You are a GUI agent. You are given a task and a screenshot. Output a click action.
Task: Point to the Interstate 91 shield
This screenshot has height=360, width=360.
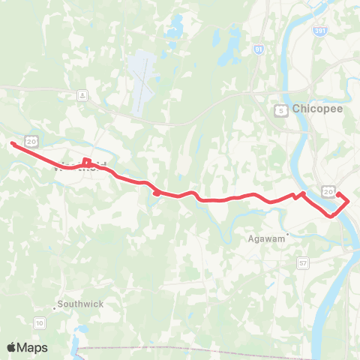258,50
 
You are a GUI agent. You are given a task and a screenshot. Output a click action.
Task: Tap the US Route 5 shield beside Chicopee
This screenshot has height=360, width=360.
279,110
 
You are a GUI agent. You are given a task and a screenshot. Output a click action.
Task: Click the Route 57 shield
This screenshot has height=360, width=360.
303,263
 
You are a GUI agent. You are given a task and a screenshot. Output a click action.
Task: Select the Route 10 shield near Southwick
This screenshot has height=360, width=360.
39,322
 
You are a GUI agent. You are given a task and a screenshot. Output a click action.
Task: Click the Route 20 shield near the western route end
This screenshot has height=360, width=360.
31,140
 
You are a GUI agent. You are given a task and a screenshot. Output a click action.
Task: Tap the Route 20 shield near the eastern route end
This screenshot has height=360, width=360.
328,192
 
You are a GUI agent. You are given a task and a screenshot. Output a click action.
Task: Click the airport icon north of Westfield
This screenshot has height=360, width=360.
81,95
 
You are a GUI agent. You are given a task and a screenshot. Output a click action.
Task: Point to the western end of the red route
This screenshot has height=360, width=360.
12,143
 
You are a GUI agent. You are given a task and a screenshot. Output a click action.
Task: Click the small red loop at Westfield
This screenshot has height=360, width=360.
86,161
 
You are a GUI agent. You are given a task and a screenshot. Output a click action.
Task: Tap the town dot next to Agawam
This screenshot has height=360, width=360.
287,233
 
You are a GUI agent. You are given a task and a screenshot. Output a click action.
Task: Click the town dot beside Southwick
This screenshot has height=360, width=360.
55,307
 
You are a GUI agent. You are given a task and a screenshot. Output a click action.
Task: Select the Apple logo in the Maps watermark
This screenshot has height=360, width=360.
12,347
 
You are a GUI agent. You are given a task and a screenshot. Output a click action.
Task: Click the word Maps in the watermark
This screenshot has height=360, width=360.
32,347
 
